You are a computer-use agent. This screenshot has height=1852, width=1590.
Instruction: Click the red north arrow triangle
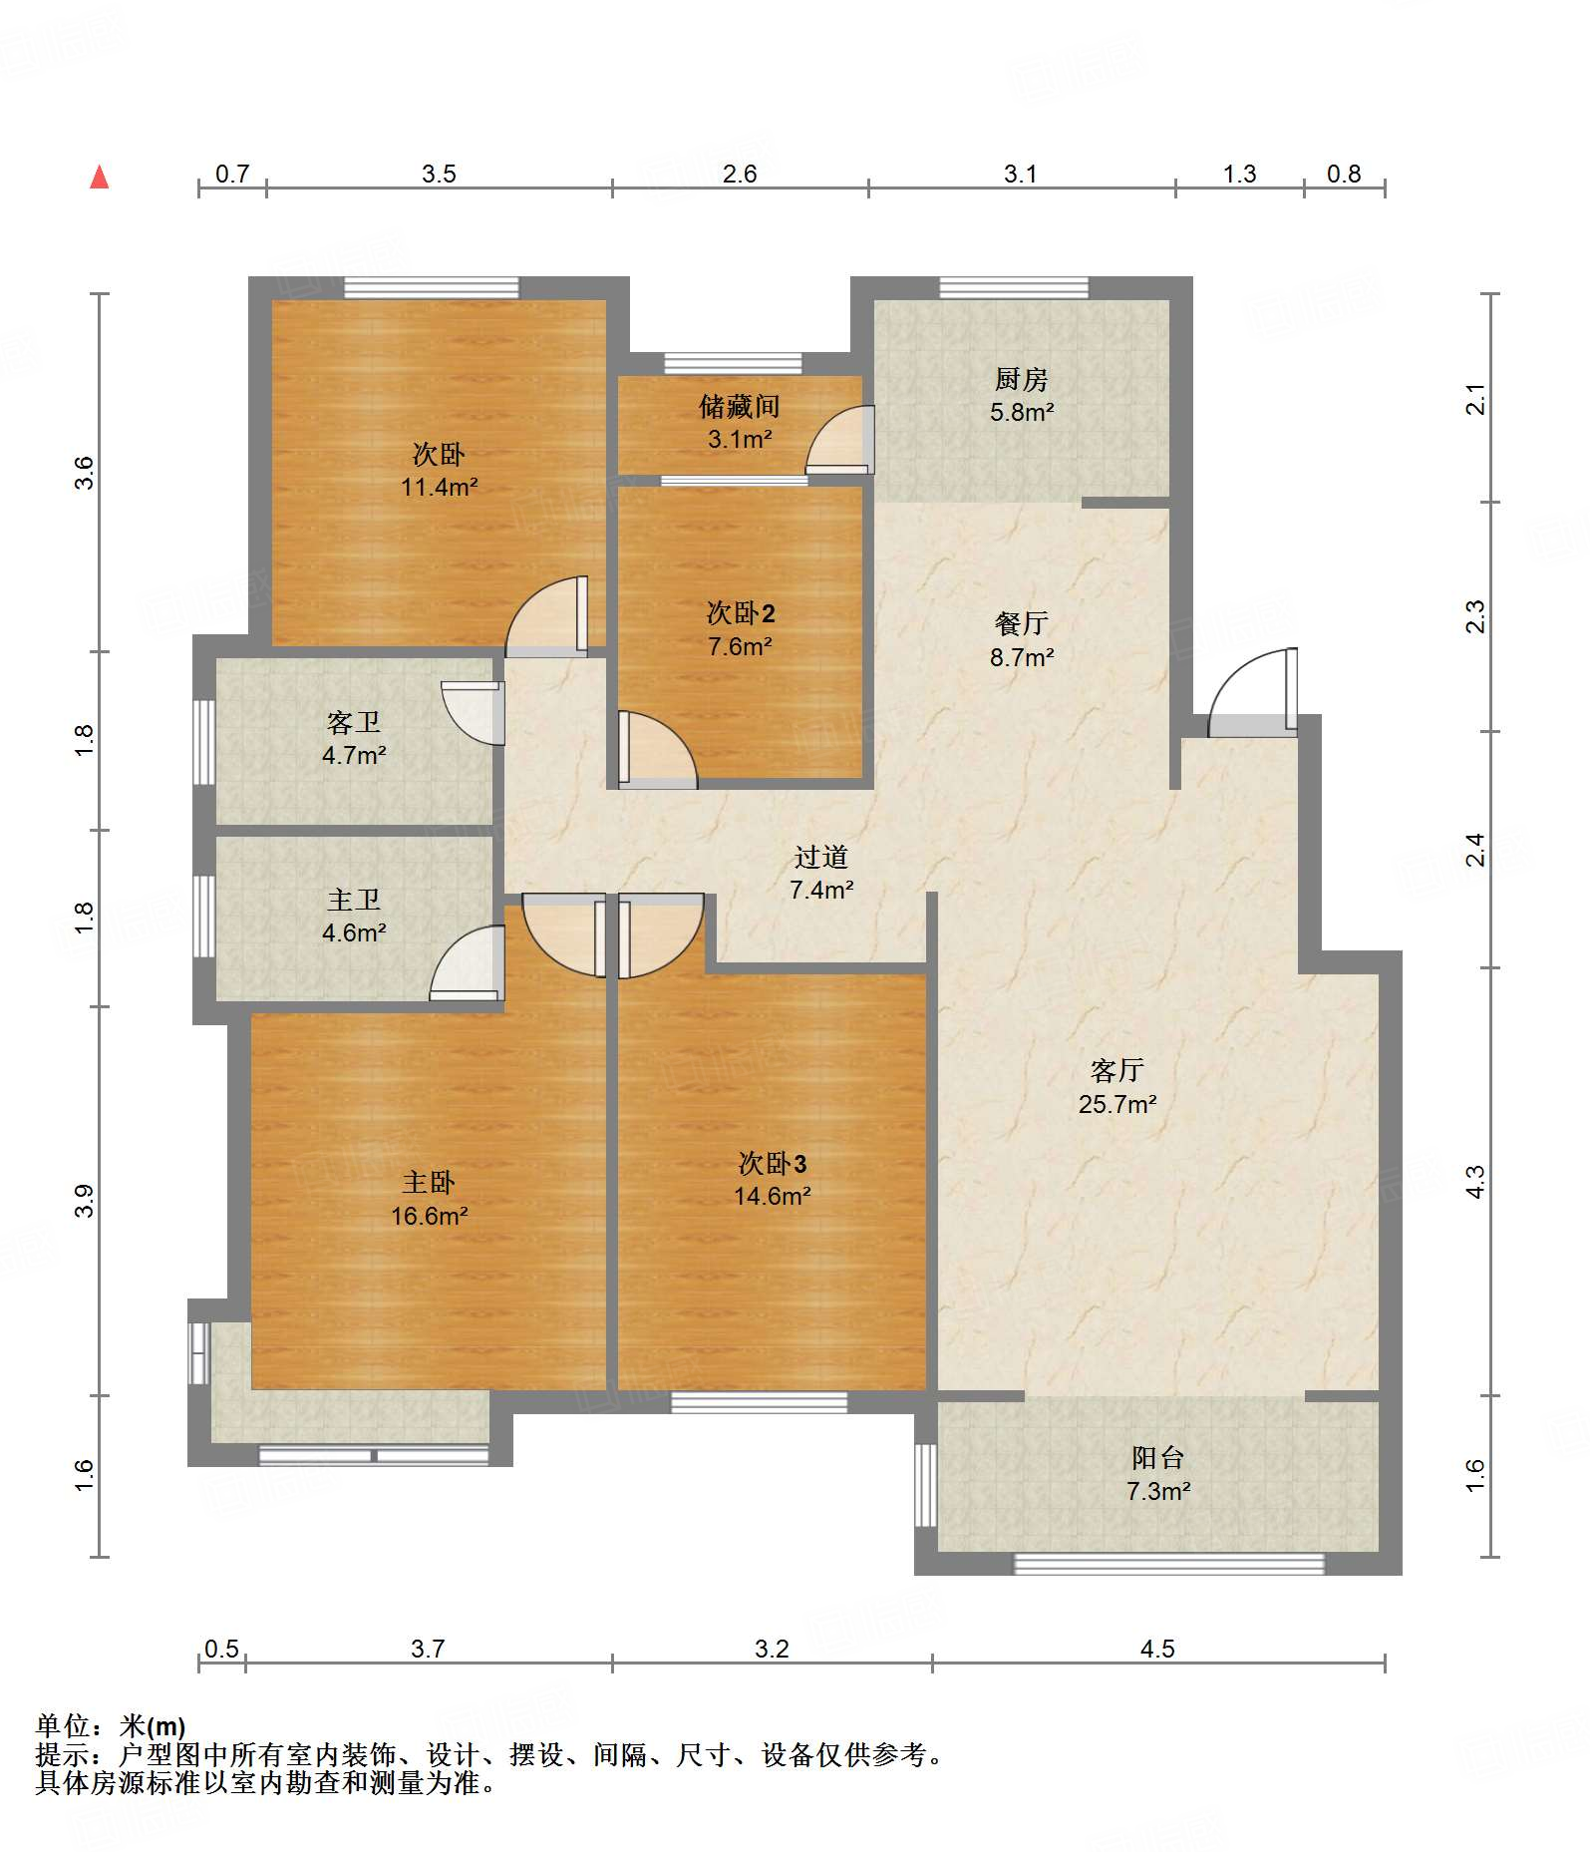coord(100,178)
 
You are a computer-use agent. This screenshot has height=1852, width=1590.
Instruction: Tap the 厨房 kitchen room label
coord(1022,379)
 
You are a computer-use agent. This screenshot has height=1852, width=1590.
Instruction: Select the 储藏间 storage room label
coord(739,406)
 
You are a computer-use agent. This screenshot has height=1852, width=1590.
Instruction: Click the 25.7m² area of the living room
coord(1117,1104)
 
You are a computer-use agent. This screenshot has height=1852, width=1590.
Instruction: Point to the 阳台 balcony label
coord(1157,1458)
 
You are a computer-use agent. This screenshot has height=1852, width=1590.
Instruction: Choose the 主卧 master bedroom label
coord(429,1183)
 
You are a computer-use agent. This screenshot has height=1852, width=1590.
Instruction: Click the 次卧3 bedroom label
coord(773,1163)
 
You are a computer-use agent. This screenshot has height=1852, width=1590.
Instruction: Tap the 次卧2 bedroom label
coord(741,612)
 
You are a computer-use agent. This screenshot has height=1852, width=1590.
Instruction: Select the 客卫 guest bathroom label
coord(354,722)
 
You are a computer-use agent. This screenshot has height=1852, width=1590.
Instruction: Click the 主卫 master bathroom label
coord(354,900)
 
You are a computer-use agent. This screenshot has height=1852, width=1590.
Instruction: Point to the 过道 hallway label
coord(821,857)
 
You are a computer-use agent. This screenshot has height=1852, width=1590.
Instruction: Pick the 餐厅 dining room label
coord(1022,623)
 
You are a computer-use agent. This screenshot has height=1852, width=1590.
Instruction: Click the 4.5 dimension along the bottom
coord(1157,1649)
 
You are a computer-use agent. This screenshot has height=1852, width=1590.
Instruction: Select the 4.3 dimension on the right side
coord(1475,1182)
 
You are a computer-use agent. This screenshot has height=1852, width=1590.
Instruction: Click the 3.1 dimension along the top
coord(1021,175)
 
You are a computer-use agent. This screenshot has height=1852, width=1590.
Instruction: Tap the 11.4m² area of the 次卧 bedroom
coord(440,487)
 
